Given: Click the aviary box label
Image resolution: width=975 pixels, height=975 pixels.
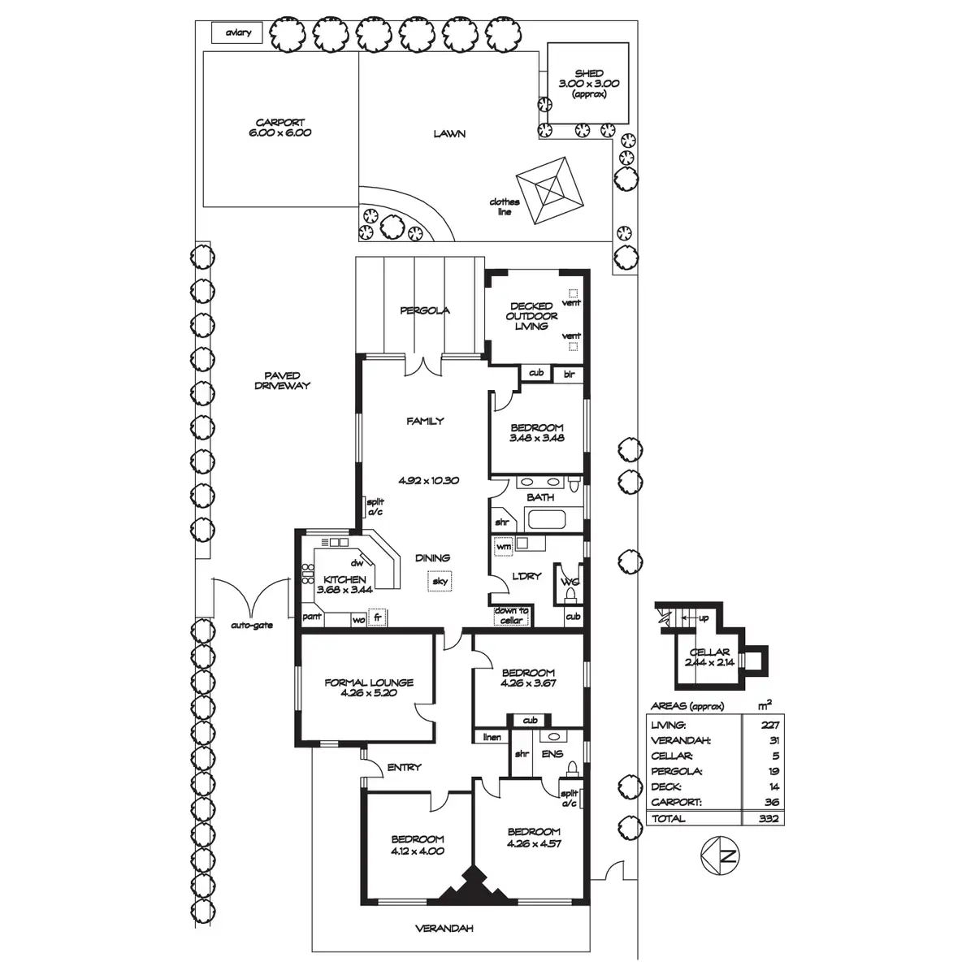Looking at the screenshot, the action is [238, 32].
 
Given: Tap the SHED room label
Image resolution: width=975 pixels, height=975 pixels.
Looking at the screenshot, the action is [589, 73].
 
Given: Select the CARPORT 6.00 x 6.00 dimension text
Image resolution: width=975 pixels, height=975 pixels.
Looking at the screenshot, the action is [279, 133].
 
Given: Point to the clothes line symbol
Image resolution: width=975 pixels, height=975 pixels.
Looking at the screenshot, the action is [549, 190].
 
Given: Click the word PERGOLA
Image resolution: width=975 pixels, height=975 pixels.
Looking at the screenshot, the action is [424, 310].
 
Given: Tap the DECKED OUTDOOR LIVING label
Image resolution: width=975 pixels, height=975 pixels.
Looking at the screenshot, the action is [531, 316].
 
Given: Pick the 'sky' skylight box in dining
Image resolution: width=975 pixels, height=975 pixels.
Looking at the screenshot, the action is [440, 581].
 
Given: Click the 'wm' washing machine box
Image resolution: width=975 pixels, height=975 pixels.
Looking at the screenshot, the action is [504, 547].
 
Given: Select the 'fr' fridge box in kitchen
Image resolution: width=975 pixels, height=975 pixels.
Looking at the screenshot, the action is [377, 617].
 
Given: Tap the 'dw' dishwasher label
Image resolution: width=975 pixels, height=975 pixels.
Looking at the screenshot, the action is [357, 563].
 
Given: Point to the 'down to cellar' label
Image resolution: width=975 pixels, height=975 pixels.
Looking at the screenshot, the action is [511, 616].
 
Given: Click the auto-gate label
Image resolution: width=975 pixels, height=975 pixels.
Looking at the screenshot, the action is [252, 626].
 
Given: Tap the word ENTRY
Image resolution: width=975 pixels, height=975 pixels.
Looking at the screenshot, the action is [404, 768].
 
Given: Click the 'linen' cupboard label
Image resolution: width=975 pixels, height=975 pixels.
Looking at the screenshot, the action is [492, 737].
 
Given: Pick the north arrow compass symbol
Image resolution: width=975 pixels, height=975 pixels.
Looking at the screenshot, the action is [720, 856].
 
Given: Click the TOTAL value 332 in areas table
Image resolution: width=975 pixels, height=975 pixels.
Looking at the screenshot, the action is [768, 818].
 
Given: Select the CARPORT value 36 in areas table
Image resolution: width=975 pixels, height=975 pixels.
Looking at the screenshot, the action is [772, 802].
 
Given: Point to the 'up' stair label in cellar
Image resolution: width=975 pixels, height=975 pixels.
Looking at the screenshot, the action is [704, 618].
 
